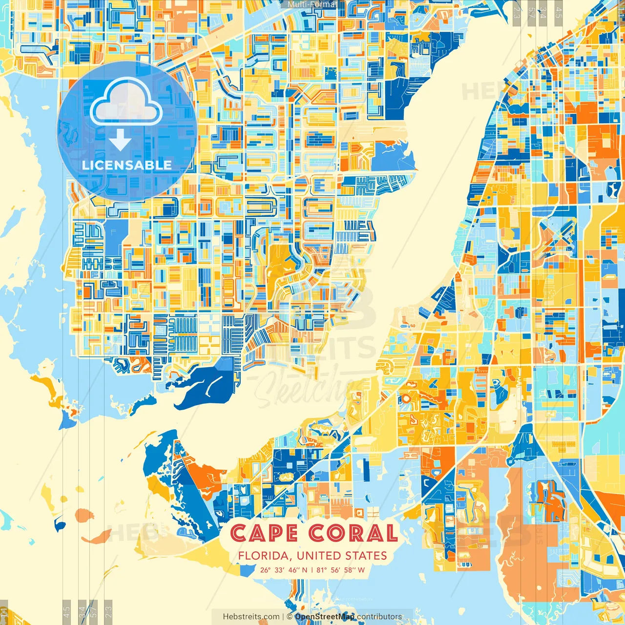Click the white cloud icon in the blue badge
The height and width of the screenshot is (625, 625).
pyautogui.click(x=126, y=102)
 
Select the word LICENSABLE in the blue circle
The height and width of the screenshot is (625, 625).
pyautogui.click(x=126, y=165)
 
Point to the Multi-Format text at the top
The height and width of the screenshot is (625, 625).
pyautogui.click(x=312, y=4)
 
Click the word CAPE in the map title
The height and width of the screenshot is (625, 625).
pyautogui.click(x=264, y=533)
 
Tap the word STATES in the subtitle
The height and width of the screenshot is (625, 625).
pyautogui.click(x=366, y=556)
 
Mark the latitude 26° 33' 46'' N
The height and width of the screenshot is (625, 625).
pyautogui.click(x=284, y=570)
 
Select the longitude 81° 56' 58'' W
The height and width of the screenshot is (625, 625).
pyautogui.click(x=341, y=570)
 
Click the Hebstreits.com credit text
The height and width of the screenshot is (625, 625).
pyautogui.click(x=251, y=617)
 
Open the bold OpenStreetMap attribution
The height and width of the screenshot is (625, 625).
pyautogui.click(x=325, y=617)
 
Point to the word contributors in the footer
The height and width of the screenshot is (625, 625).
pyautogui.click(x=379, y=617)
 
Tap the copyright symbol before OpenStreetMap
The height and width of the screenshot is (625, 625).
pyautogui.click(x=290, y=617)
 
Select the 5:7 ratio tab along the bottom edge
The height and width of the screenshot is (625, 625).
pyautogui.click(x=94, y=611)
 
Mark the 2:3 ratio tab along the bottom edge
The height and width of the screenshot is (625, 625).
pyautogui.click(x=108, y=611)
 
